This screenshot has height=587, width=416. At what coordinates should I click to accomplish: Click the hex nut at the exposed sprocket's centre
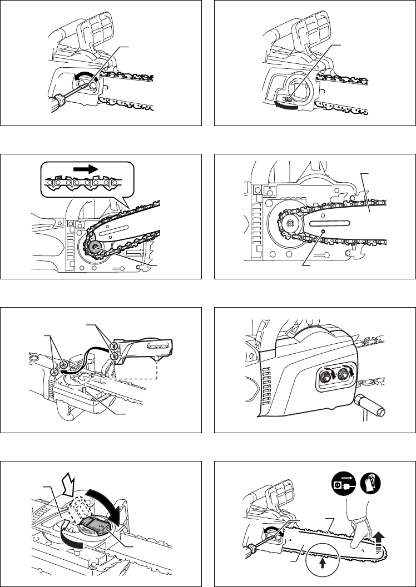click(x=289, y=223)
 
